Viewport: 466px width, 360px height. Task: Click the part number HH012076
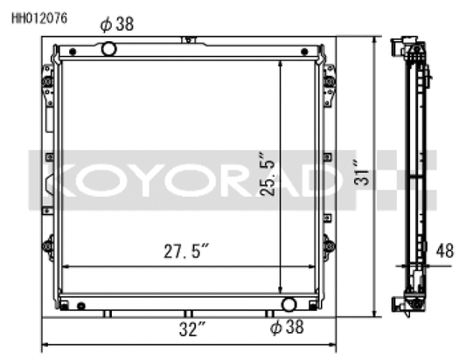pyautogui.click(x=38, y=15)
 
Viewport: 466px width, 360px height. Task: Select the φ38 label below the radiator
pyautogui.click(x=288, y=329)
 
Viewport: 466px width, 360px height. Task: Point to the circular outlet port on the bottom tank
pyautogui.click(x=288, y=304)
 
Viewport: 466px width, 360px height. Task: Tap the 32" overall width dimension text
pyautogui.click(x=187, y=329)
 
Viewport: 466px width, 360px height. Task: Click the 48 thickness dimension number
pyautogui.click(x=444, y=251)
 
